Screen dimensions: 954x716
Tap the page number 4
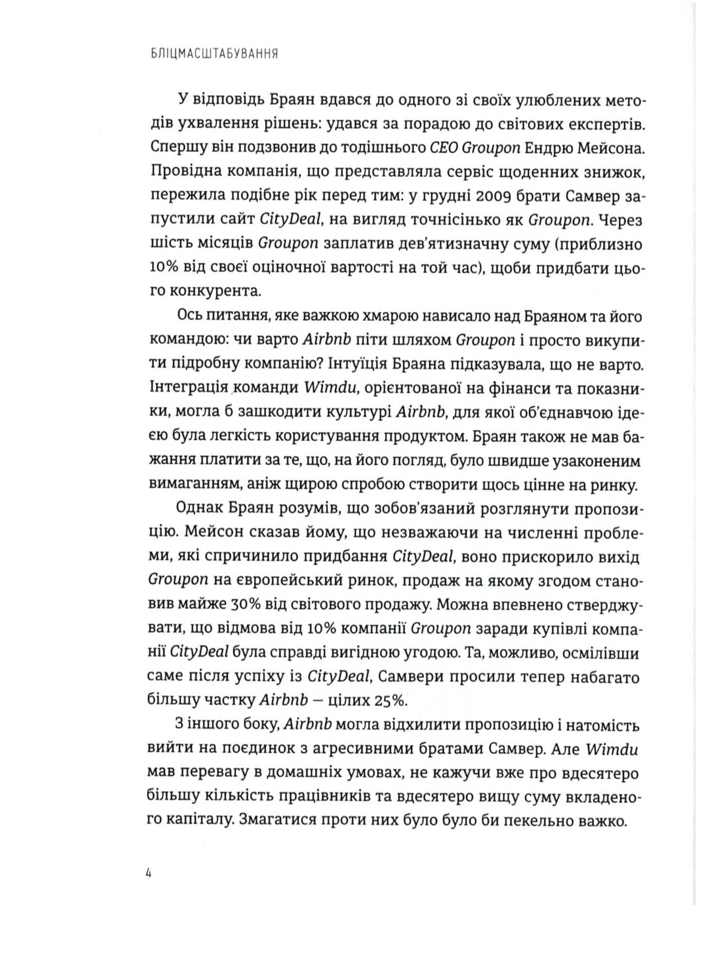tap(149, 873)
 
